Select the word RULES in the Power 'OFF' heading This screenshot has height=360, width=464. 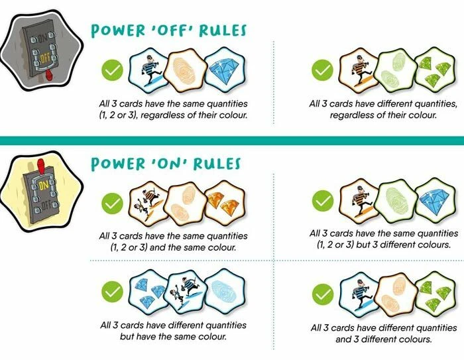(x=223, y=30)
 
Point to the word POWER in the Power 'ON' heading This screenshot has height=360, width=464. (x=118, y=163)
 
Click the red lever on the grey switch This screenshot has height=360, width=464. (x=50, y=76)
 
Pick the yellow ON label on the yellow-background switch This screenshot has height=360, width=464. (x=43, y=186)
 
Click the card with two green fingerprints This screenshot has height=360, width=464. (x=395, y=70)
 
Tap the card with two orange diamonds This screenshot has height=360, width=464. (x=225, y=204)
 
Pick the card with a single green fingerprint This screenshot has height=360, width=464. (x=396, y=201)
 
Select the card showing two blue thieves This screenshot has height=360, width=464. (x=185, y=292)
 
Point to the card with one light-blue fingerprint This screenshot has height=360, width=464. (x=225, y=291)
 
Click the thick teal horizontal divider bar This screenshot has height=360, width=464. (x=232, y=141)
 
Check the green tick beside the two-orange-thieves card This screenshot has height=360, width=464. (x=112, y=204)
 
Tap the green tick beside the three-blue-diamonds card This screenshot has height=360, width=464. (x=112, y=292)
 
